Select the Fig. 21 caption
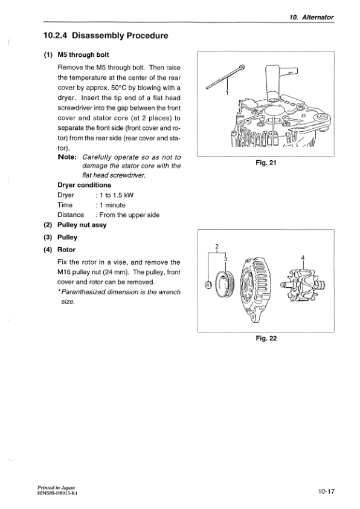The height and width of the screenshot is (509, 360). tap(266, 163)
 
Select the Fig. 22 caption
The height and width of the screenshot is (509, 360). tap(266, 338)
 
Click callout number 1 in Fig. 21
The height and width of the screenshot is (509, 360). tap(227, 93)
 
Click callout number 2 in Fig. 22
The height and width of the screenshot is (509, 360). tap(216, 246)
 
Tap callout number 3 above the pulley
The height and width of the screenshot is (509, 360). tap(225, 259)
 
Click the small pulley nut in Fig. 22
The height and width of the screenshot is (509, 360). tap(208, 285)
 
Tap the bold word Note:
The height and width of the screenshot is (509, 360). tap(67, 157)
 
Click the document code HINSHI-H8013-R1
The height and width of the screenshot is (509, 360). tap(53, 493)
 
